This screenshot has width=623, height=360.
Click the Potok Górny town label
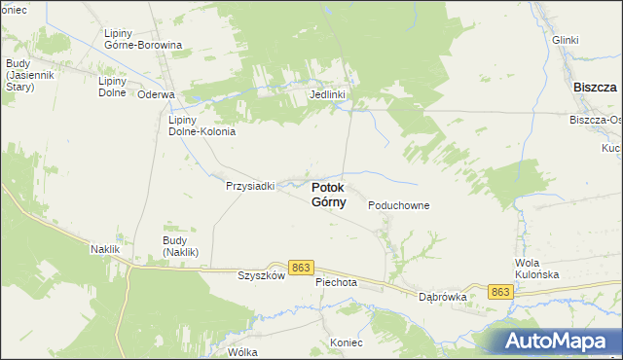tap(333, 195)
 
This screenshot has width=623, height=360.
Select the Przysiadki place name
tap(250, 185)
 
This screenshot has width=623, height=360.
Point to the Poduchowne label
tap(399, 206)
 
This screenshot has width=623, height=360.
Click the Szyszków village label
tap(260, 275)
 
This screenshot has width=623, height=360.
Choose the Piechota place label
tap(337, 282)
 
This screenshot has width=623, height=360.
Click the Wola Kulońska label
tap(540, 270)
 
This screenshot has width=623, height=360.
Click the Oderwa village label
tap(156, 94)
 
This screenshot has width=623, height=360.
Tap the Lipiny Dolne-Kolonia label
tap(202, 125)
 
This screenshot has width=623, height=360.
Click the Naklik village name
tap(103, 250)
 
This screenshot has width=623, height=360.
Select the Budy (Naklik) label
tap(180, 246)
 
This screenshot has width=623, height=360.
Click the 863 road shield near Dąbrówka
tap(500, 292)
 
